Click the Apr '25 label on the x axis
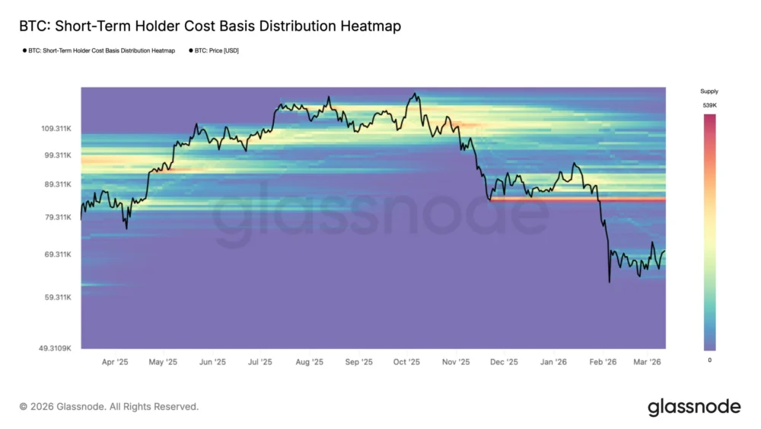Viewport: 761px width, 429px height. (115, 362)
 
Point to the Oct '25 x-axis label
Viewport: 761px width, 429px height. (408, 362)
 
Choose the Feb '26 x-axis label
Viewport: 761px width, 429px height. (603, 362)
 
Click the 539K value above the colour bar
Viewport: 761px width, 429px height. (708, 105)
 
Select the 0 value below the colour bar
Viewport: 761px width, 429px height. (709, 360)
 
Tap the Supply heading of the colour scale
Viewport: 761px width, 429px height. (708, 91)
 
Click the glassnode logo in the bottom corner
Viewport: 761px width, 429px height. (693, 407)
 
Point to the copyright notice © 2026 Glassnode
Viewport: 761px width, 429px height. (109, 407)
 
